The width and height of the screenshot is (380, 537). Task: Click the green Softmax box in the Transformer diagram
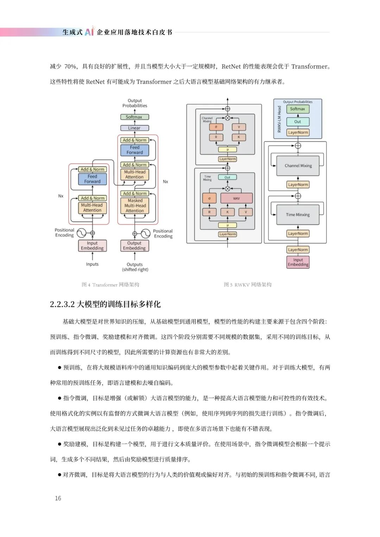(134, 117)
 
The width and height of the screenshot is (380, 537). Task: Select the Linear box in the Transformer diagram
(134, 128)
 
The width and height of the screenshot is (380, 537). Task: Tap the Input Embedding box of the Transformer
(92, 245)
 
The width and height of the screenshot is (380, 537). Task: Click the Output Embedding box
(134, 245)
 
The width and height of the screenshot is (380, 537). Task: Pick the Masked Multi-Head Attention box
(135, 205)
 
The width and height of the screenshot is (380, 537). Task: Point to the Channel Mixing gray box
(298, 166)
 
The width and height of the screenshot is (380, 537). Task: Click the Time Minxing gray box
(298, 215)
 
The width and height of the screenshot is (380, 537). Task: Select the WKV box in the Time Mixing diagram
(236, 198)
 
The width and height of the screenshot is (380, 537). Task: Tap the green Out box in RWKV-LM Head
(298, 122)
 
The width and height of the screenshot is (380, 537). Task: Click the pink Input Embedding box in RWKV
(298, 262)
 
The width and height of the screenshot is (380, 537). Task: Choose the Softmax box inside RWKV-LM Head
(298, 109)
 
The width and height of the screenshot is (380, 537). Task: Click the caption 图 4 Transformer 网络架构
(110, 285)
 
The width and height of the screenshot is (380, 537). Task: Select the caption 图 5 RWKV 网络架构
(248, 285)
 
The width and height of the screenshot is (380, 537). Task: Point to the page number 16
(58, 498)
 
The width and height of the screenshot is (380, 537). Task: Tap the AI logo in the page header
(89, 31)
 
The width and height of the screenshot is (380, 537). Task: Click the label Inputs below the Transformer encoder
(92, 264)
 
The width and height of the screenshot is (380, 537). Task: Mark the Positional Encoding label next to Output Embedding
(163, 234)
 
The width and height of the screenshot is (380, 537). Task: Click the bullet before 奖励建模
(59, 444)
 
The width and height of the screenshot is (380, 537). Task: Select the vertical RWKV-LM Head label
(279, 119)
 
